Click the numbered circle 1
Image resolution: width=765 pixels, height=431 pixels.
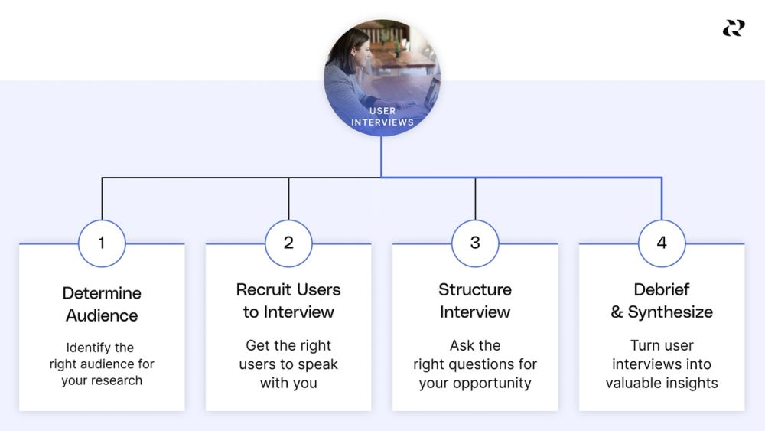[102, 243]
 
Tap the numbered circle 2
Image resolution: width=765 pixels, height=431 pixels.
[288, 243]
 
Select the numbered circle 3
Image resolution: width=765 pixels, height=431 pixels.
[475, 243]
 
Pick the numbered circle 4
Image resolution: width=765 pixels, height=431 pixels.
[662, 243]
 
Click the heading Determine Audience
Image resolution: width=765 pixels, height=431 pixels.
[102, 304]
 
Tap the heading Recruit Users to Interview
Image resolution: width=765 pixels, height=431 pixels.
[288, 301]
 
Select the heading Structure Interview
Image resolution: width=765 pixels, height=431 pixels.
[475, 301]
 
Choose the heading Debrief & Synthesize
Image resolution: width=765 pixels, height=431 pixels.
[662, 301]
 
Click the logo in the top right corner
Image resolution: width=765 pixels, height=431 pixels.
[733, 28]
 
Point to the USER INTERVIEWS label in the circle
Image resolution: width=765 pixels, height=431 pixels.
[382, 116]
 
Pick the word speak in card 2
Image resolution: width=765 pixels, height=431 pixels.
[317, 364]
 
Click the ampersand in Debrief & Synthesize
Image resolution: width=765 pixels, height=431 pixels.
[617, 312]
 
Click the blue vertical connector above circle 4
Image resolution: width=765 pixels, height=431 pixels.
[662, 199]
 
